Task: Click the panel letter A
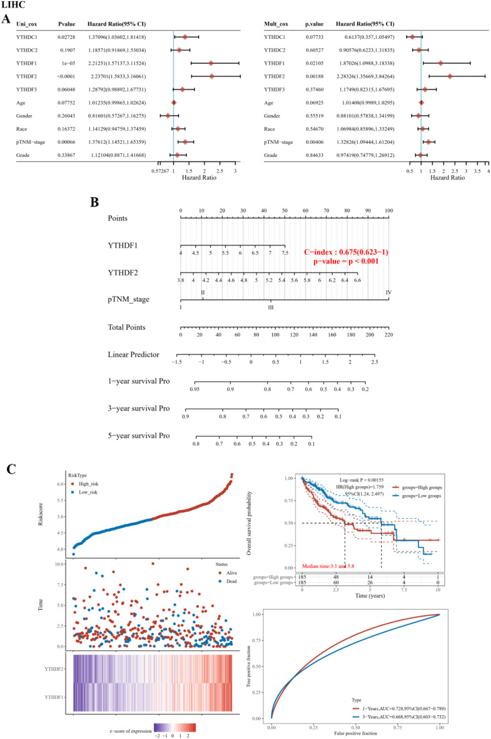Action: tap(6, 20)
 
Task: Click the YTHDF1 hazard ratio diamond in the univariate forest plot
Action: tap(211, 63)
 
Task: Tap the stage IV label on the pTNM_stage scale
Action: tap(388, 292)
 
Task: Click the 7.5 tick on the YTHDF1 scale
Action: tap(285, 253)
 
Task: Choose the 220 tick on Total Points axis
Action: tap(388, 335)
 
